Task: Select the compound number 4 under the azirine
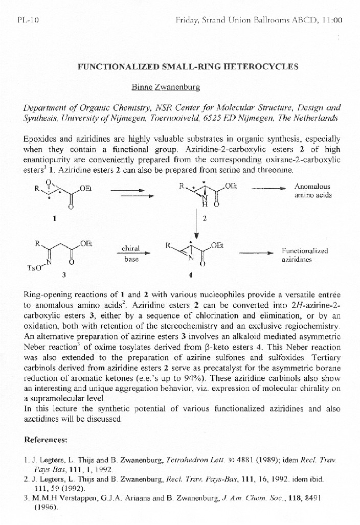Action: [x=190, y=275]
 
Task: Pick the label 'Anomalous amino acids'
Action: [x=312, y=191]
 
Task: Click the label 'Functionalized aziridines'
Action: [x=305, y=255]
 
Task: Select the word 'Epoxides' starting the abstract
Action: [x=39, y=139]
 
